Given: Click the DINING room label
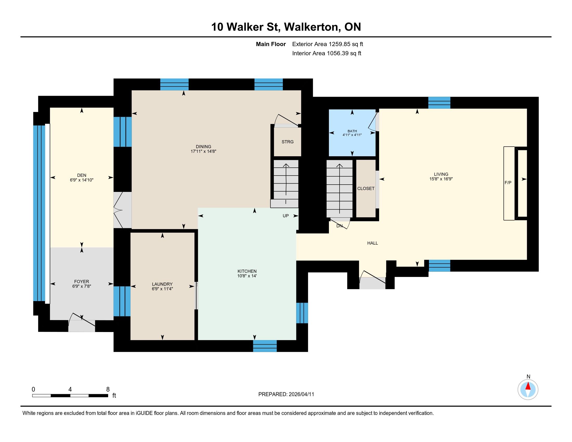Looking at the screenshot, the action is [x=204, y=147].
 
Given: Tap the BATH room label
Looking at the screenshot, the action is [x=352, y=131].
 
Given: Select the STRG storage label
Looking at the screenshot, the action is [x=288, y=142].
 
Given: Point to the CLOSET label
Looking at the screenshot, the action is [x=366, y=188].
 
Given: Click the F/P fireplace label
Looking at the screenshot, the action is [x=508, y=183].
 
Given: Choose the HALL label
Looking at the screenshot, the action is [x=372, y=243].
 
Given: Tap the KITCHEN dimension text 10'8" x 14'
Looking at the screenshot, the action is [x=247, y=276].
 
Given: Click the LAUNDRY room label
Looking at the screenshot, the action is [x=162, y=284].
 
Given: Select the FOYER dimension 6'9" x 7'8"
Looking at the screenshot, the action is [x=82, y=287].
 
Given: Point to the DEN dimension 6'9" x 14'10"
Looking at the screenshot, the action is [x=82, y=180].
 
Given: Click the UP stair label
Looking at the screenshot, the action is [x=286, y=216].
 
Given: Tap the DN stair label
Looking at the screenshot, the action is [x=339, y=226].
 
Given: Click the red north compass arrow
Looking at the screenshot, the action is [x=528, y=386].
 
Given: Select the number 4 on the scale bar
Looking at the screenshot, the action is [x=70, y=389].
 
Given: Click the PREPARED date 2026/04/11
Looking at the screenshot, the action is [x=301, y=394].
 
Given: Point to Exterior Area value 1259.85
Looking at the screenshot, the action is [x=339, y=44].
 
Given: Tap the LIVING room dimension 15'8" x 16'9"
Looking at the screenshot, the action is [x=441, y=179].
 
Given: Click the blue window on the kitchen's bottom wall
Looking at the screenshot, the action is [x=265, y=346].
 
